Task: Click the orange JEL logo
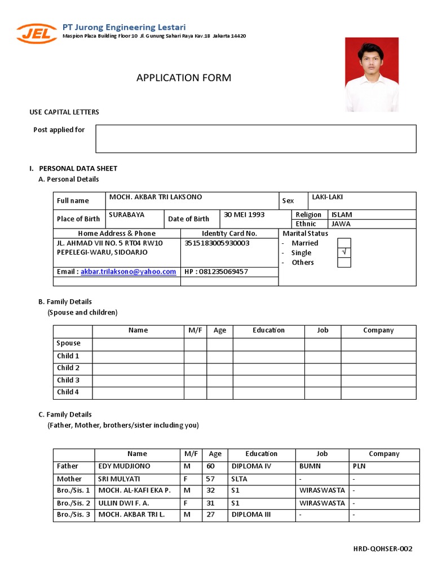pyautogui.click(x=36, y=33)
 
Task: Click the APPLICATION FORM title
pyautogui.click(x=183, y=78)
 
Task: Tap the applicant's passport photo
pyautogui.click(x=372, y=74)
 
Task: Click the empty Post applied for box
pyautogui.click(x=255, y=139)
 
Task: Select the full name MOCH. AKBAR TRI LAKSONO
pyautogui.click(x=155, y=197)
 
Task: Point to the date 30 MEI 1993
pyautogui.click(x=244, y=214)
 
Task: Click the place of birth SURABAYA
pyautogui.click(x=126, y=215)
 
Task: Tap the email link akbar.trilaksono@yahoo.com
pyautogui.click(x=128, y=272)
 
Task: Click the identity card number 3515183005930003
pyautogui.click(x=216, y=243)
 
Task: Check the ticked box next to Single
pyautogui.click(x=344, y=252)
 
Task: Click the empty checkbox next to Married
pyautogui.click(x=344, y=243)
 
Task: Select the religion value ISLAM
pyautogui.click(x=342, y=214)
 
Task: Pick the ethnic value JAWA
pyautogui.click(x=341, y=224)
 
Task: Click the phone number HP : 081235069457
pyautogui.click(x=216, y=272)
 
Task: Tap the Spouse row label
pyautogui.click(x=69, y=343)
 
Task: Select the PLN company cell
pyautogui.click(x=359, y=466)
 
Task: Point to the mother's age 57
pyautogui.click(x=211, y=479)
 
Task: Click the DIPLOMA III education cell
pyautogui.click(x=251, y=515)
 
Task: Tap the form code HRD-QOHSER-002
pyautogui.click(x=383, y=549)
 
